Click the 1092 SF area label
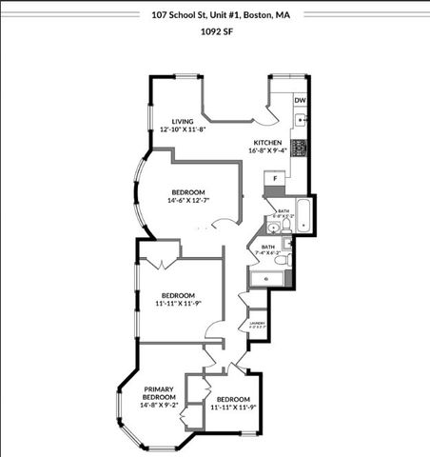(x=216, y=30)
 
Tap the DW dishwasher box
(x=300, y=100)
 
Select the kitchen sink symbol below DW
(x=301, y=121)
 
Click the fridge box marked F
(x=276, y=178)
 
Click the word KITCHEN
(x=267, y=141)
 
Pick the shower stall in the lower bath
(x=264, y=278)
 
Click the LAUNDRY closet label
(x=257, y=325)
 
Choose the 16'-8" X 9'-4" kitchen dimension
(x=267, y=149)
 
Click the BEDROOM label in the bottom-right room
(x=233, y=399)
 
